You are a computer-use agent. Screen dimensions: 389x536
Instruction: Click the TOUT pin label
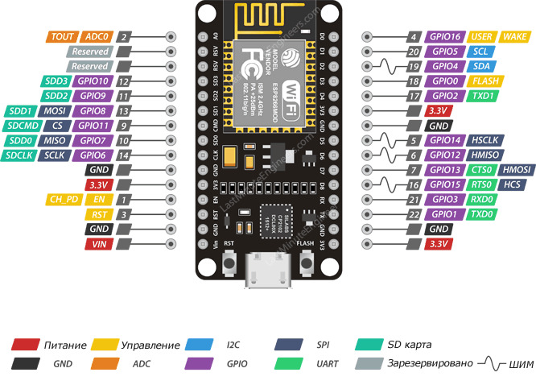click(x=62, y=37)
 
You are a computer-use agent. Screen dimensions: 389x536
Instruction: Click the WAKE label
click(x=513, y=37)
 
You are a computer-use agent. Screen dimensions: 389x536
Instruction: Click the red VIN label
click(x=101, y=243)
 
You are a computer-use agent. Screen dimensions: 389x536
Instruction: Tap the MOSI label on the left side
click(x=55, y=110)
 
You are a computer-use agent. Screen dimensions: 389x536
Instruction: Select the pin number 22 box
click(x=413, y=214)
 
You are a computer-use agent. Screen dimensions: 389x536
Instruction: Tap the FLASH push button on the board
click(x=306, y=263)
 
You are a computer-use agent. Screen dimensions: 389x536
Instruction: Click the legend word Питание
click(x=66, y=345)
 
